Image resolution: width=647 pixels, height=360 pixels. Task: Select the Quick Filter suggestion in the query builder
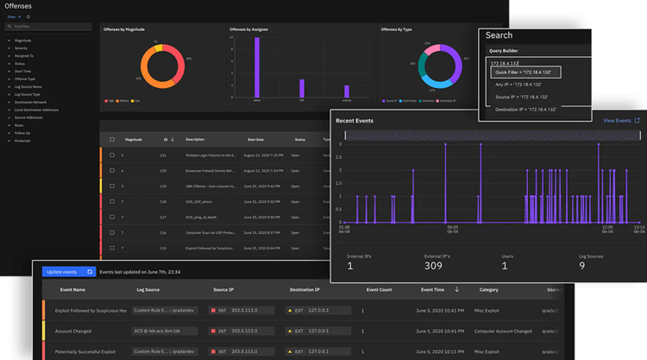(525, 73)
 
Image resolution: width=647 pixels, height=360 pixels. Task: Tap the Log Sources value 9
(582, 266)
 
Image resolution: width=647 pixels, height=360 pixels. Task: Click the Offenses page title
(19, 6)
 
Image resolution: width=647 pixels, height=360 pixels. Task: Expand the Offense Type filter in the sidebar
(26, 79)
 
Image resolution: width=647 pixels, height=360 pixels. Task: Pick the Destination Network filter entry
(33, 102)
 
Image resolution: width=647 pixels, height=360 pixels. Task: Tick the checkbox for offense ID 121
(110, 155)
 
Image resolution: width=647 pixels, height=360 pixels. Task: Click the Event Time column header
(427, 290)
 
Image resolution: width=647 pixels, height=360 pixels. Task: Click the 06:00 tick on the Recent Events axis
(452, 229)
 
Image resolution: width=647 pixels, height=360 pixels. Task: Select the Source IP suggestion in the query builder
(522, 98)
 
